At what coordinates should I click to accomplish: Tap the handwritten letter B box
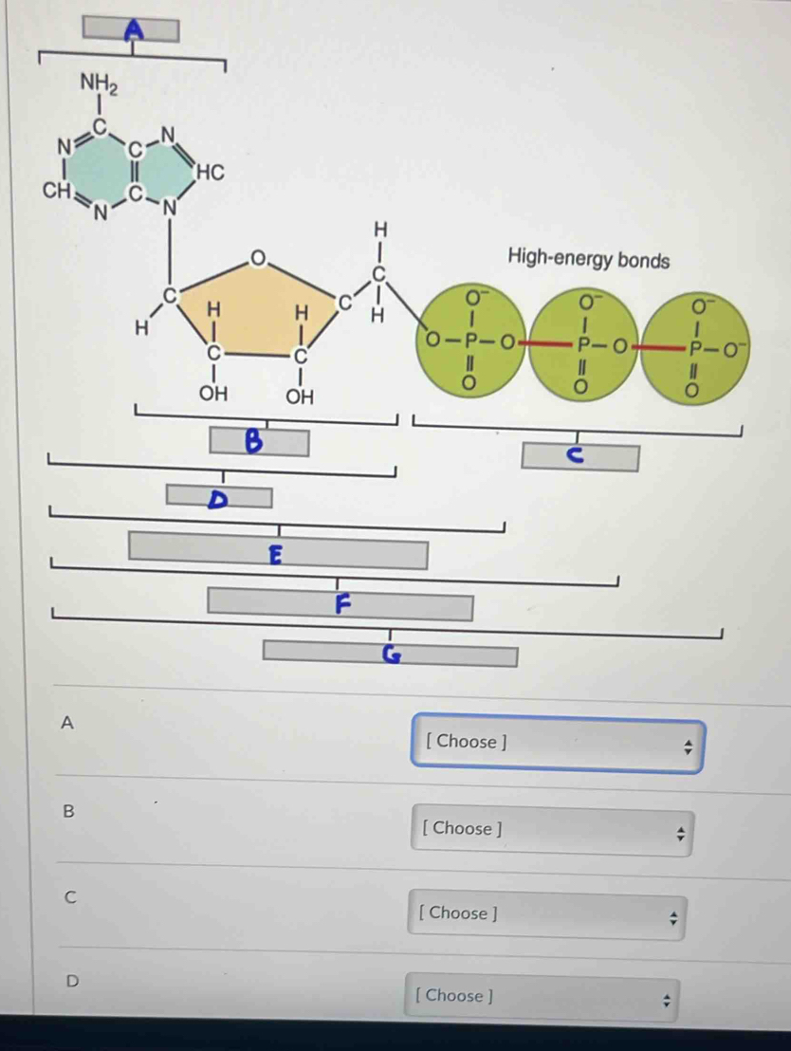259,441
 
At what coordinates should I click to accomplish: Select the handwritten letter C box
579,456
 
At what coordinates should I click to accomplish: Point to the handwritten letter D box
219,496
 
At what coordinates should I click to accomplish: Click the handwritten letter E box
278,553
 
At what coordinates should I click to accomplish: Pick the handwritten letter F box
340,603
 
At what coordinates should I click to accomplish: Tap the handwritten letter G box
390,654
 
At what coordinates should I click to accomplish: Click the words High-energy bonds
588,258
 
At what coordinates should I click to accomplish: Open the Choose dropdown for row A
559,743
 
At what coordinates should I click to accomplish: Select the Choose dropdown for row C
547,914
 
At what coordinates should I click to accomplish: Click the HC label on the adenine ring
209,172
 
